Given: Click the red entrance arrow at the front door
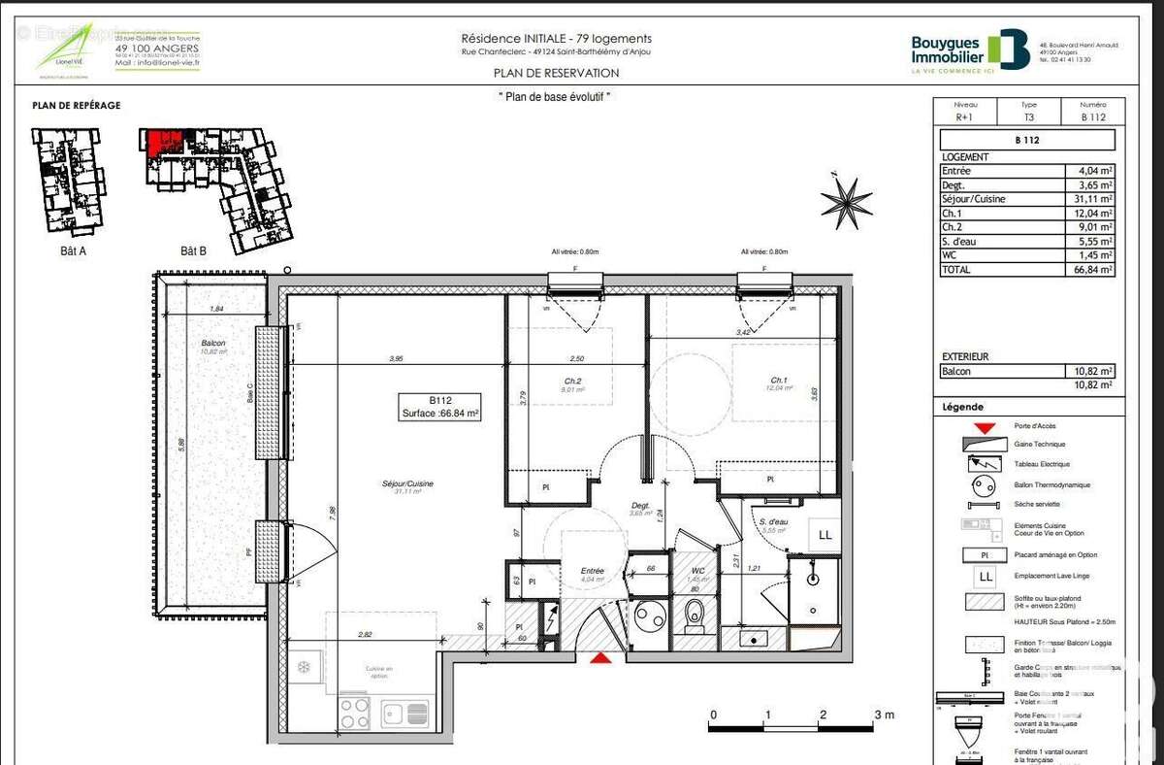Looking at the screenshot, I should pos(601,659).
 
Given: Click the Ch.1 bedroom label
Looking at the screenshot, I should pos(778,380).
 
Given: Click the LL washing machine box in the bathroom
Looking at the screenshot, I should pos(824,535).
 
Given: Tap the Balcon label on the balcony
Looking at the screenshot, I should pos(213,344).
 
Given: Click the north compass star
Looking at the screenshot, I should pos(846,201).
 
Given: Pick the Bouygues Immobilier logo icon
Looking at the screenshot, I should pos(1009,50).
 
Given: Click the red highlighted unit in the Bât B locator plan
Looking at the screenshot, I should pos(166,141).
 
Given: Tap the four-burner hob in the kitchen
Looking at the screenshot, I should pos(353,713).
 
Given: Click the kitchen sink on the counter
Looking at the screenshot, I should pos(405,714).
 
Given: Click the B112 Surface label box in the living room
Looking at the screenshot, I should pos(441,406).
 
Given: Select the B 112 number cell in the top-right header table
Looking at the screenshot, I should pos(1093,118).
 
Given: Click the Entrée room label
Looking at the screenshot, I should pos(592,572).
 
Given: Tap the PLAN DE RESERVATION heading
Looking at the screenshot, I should pos(556,73).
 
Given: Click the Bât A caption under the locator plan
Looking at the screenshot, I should pos(74,249).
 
